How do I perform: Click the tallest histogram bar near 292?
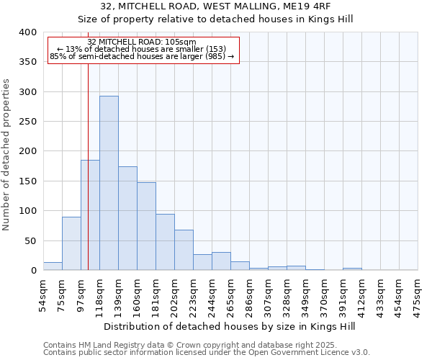(x=109, y=183)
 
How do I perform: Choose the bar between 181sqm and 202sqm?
(x=165, y=242)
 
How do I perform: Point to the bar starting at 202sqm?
(x=184, y=250)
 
